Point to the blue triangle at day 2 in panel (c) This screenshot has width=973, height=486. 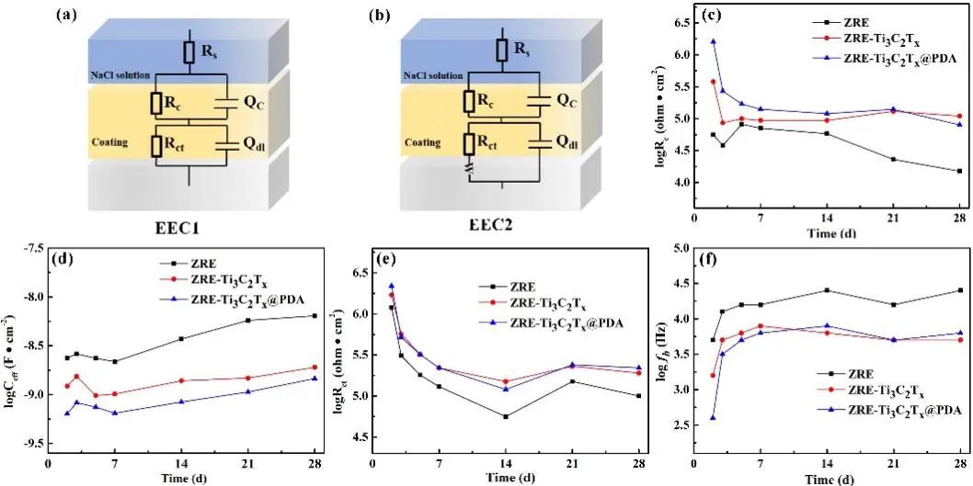(713, 41)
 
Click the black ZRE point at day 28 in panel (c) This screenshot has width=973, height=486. (959, 171)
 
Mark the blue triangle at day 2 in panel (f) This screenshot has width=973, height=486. (713, 418)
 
